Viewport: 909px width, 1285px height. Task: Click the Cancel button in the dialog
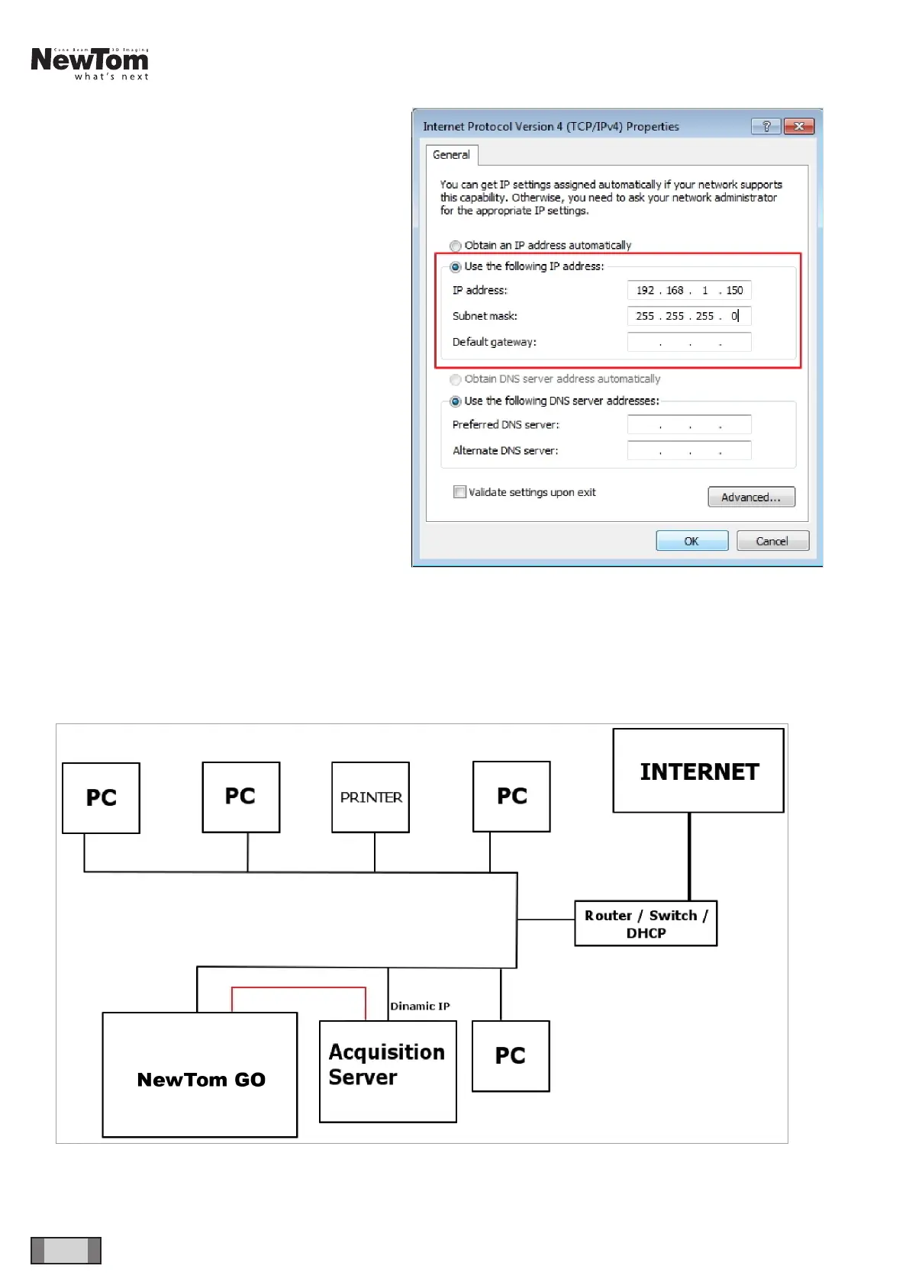772,541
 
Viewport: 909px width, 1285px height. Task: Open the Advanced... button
751,497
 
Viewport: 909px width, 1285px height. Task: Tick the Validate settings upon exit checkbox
459,492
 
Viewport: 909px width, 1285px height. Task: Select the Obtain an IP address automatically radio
456,246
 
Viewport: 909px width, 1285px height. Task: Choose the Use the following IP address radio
456,266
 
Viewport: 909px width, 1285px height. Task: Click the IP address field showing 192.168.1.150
688,290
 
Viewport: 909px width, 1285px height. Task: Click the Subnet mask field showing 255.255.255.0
688,316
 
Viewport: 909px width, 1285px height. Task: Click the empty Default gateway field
688,342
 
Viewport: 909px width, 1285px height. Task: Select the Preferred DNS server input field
688,424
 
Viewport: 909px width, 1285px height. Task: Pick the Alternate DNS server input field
688,450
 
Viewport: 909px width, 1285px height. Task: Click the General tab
451,155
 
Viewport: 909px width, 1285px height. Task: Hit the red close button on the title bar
798,127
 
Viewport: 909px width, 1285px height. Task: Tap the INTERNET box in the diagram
698,771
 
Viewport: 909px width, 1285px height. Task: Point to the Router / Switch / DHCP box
646,923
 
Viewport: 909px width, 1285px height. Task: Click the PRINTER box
370,797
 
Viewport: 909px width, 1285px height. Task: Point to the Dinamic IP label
420,1006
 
